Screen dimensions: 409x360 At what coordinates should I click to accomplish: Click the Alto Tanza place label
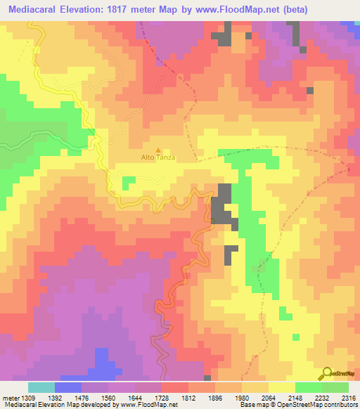pos(157,157)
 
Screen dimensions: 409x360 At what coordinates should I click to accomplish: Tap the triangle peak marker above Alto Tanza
pos(157,150)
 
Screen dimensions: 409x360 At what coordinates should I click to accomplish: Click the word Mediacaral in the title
pos(34,8)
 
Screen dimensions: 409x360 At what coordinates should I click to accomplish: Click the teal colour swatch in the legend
pos(41,387)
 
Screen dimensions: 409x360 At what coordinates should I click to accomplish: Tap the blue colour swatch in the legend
pos(68,387)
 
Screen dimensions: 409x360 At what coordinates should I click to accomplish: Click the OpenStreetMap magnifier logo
pos(328,373)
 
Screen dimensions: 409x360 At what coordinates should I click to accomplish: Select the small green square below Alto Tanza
pos(129,183)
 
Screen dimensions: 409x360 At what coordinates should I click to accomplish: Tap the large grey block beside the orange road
pos(226,207)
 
